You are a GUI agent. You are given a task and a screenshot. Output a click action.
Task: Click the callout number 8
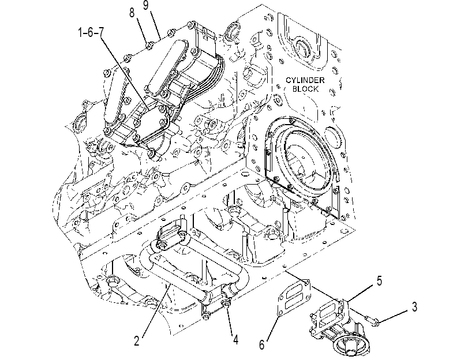pyautogui.click(x=132, y=13)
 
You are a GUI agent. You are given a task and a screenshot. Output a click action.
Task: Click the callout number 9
pyautogui.click(x=145, y=5)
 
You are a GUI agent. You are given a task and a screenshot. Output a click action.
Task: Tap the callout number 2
pyautogui.click(x=137, y=340)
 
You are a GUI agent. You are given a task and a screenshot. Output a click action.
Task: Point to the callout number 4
pyautogui.click(x=235, y=339)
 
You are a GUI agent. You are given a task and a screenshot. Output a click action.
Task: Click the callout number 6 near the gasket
pyautogui.click(x=262, y=345)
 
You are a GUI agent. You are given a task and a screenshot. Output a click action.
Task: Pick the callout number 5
pyautogui.click(x=379, y=280)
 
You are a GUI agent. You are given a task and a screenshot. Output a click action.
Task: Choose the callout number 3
pyautogui.click(x=414, y=306)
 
